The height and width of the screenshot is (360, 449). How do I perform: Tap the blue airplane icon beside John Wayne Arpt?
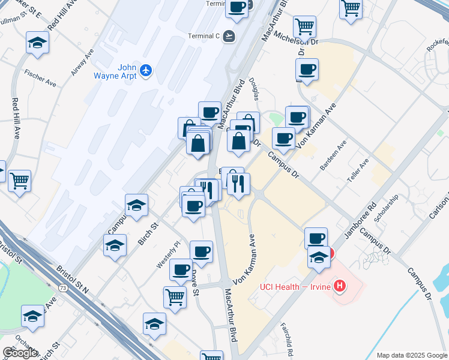click(145, 71)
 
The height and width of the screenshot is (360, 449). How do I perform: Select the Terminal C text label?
click(204, 35)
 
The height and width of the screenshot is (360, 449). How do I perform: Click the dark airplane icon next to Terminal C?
click(228, 36)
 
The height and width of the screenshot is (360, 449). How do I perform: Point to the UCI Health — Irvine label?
click(295, 286)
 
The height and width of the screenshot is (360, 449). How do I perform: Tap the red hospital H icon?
click(340, 286)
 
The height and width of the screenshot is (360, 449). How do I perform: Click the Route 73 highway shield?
click(62, 288)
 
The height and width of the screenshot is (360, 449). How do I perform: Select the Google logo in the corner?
click(20, 353)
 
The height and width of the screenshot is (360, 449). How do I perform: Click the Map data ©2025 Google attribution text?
click(411, 355)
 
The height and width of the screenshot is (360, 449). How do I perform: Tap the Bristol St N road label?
click(72, 277)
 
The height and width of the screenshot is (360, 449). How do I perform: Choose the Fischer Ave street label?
click(40, 78)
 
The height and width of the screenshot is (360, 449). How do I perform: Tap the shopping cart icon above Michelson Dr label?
click(305, 26)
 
